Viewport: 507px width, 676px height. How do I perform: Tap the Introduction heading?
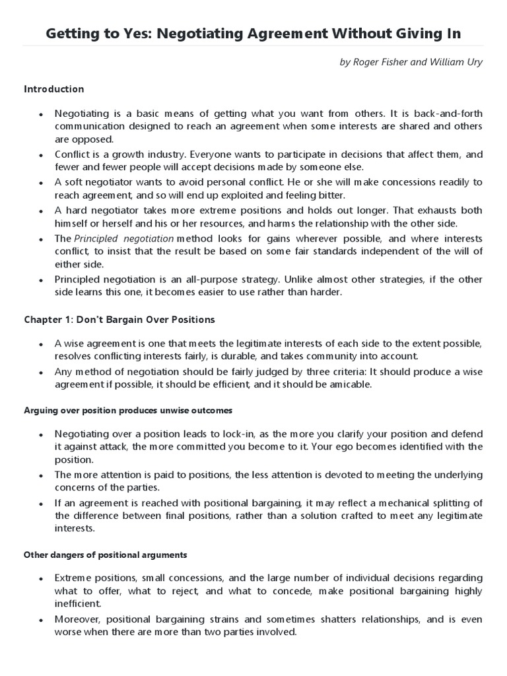[x=54, y=89]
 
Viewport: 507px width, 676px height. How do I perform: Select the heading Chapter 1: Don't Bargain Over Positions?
[x=119, y=320]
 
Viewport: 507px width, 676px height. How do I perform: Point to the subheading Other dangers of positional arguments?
[x=106, y=555]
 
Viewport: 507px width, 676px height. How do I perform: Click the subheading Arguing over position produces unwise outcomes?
[x=128, y=411]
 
